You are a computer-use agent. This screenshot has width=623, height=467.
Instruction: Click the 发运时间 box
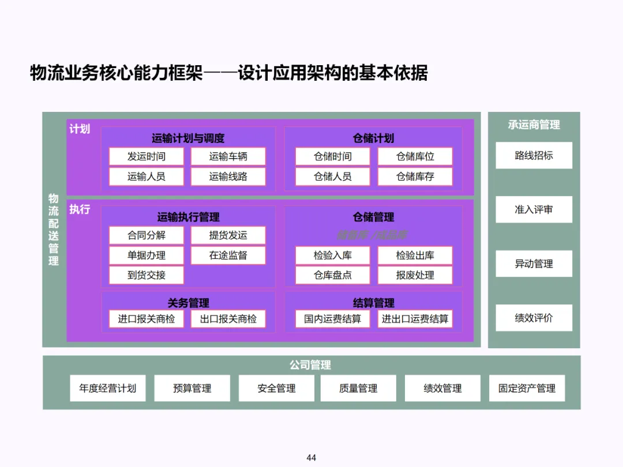[x=147, y=156]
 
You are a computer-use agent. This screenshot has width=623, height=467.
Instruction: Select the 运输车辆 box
[x=228, y=156]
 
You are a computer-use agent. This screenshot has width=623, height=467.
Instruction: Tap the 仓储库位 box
[x=415, y=156]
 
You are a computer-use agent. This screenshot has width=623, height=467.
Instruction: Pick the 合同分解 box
[x=147, y=235]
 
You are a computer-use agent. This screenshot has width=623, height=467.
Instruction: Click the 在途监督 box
[x=228, y=255]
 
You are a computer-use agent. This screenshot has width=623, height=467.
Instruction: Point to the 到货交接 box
[x=147, y=275]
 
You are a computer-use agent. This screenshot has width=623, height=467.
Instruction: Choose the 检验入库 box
[x=333, y=255]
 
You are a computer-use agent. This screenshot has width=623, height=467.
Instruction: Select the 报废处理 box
[x=415, y=275]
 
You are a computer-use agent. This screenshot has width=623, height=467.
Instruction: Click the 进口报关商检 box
[x=147, y=319]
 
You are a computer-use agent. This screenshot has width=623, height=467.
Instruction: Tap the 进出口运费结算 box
[x=415, y=319]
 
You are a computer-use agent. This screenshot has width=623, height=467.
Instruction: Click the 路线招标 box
[x=534, y=155]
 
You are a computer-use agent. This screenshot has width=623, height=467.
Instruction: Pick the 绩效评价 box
[x=534, y=318]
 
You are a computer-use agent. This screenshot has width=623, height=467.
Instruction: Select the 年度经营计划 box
[x=108, y=388]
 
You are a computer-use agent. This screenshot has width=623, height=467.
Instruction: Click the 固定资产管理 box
[x=527, y=388]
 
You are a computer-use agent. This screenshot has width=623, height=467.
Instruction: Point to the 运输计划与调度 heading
[x=188, y=138]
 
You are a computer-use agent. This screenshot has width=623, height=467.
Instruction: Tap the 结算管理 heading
[x=374, y=303]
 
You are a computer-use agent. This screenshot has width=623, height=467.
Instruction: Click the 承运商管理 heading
[x=534, y=125]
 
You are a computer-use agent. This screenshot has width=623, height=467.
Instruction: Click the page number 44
[x=311, y=458]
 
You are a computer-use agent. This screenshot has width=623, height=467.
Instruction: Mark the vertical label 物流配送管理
[x=54, y=229]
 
